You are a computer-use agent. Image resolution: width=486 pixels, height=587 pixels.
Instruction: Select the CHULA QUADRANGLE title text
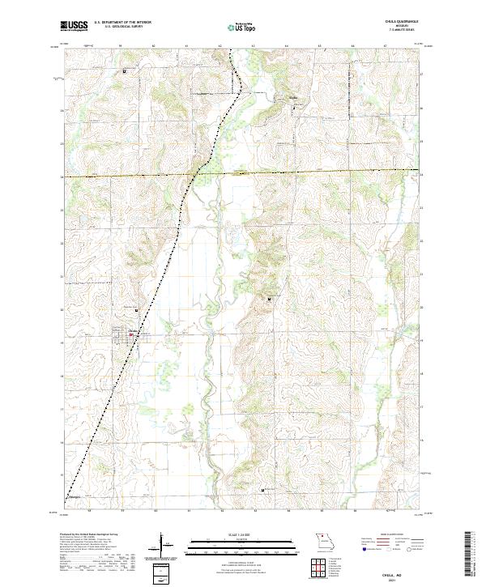pyautogui.click(x=402, y=23)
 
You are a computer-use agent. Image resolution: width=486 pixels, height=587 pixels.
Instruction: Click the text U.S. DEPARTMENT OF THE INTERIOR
pyautogui.click(x=122, y=23)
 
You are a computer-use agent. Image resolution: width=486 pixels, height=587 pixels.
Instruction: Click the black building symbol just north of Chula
pyautogui.click(x=137, y=308)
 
